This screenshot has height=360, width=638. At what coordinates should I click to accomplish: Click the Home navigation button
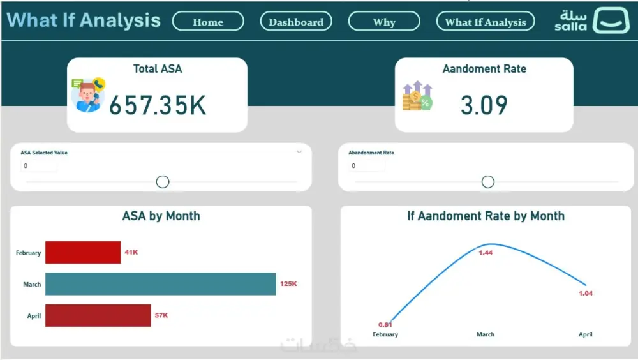[208, 22]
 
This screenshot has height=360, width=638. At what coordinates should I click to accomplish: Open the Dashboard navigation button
[296, 22]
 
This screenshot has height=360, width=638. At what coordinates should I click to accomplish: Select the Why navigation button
[384, 22]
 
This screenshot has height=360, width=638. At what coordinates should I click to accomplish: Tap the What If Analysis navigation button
[486, 22]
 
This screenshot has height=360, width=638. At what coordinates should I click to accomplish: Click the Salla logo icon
[611, 21]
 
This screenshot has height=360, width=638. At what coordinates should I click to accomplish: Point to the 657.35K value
[158, 105]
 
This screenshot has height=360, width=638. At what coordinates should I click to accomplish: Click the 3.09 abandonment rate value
[484, 105]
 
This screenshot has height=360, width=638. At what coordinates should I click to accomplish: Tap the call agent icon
[89, 95]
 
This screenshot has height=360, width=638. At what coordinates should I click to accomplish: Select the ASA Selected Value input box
[38, 166]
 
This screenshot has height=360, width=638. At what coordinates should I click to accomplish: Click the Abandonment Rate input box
[366, 166]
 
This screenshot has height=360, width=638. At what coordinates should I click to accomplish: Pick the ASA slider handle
[163, 182]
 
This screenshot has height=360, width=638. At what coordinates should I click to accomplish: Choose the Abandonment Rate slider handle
[488, 182]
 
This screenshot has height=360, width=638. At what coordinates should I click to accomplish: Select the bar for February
[83, 252]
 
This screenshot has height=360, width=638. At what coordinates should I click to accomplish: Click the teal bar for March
[160, 284]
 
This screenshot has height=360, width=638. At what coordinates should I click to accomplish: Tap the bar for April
[98, 315]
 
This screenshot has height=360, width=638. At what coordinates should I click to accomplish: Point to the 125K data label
[288, 284]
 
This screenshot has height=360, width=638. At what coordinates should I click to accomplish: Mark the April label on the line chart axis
[585, 334]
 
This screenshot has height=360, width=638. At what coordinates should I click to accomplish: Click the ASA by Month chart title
[161, 216]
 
